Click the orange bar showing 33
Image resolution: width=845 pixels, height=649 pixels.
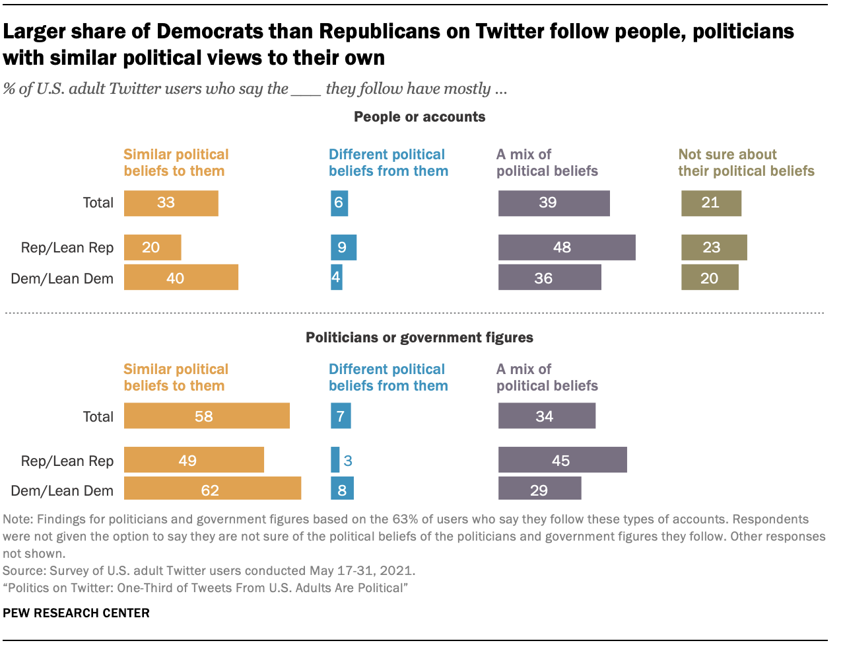point(171,203)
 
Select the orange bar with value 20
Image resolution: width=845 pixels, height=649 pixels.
point(152,247)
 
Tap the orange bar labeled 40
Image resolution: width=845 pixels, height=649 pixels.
point(181,278)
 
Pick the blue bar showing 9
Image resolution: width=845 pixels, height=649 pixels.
point(343,247)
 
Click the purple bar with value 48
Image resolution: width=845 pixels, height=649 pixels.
point(566,247)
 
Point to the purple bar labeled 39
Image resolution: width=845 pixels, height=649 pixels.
point(554,203)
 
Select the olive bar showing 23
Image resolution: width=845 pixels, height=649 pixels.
point(714,247)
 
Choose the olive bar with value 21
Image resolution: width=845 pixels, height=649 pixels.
point(711,203)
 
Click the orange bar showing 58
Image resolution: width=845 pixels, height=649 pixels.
point(207,416)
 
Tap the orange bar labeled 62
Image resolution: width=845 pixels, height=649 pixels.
point(213,490)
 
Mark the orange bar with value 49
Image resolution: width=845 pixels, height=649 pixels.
point(194,461)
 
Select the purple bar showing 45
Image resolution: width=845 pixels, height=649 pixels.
point(562,461)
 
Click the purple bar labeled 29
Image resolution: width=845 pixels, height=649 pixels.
point(539,490)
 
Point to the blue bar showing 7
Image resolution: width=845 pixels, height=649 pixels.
point(341,416)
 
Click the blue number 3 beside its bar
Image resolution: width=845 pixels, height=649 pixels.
point(348,461)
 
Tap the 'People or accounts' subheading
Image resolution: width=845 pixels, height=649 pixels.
point(419,117)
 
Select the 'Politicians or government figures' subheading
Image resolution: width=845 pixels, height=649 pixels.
point(419,338)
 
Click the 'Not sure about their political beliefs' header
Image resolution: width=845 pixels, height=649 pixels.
point(746,163)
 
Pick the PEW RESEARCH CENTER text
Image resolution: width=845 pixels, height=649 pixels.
point(76,613)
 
